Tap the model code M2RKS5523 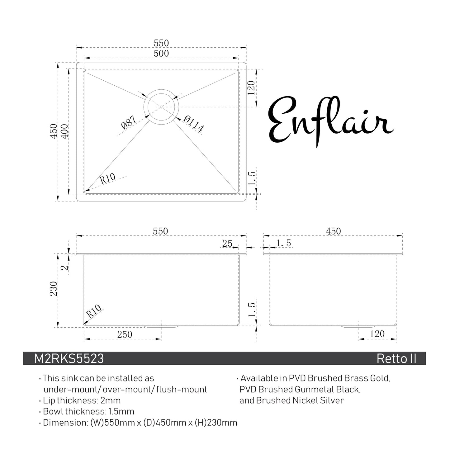pyautogui.click(x=69, y=359)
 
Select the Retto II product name pyautogui.click(x=396, y=359)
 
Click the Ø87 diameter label pyautogui.click(x=129, y=123)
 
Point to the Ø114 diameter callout pyautogui.click(x=194, y=123)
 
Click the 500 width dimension pyautogui.click(x=161, y=54)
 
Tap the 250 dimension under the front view pyautogui.click(x=125, y=334)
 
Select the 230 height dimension pyautogui.click(x=54, y=289)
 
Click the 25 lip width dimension pyautogui.click(x=227, y=244)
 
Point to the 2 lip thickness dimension pyautogui.click(x=65, y=268)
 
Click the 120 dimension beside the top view pyautogui.click(x=252, y=88)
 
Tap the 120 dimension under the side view pyautogui.click(x=377, y=334)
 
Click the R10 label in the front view pyautogui.click(x=94, y=311)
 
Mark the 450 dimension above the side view pyautogui.click(x=333, y=231)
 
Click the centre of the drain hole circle pyautogui.click(x=161, y=107)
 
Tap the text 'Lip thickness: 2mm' pyautogui.click(x=82, y=400)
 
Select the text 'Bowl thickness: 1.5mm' pyautogui.click(x=88, y=411)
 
